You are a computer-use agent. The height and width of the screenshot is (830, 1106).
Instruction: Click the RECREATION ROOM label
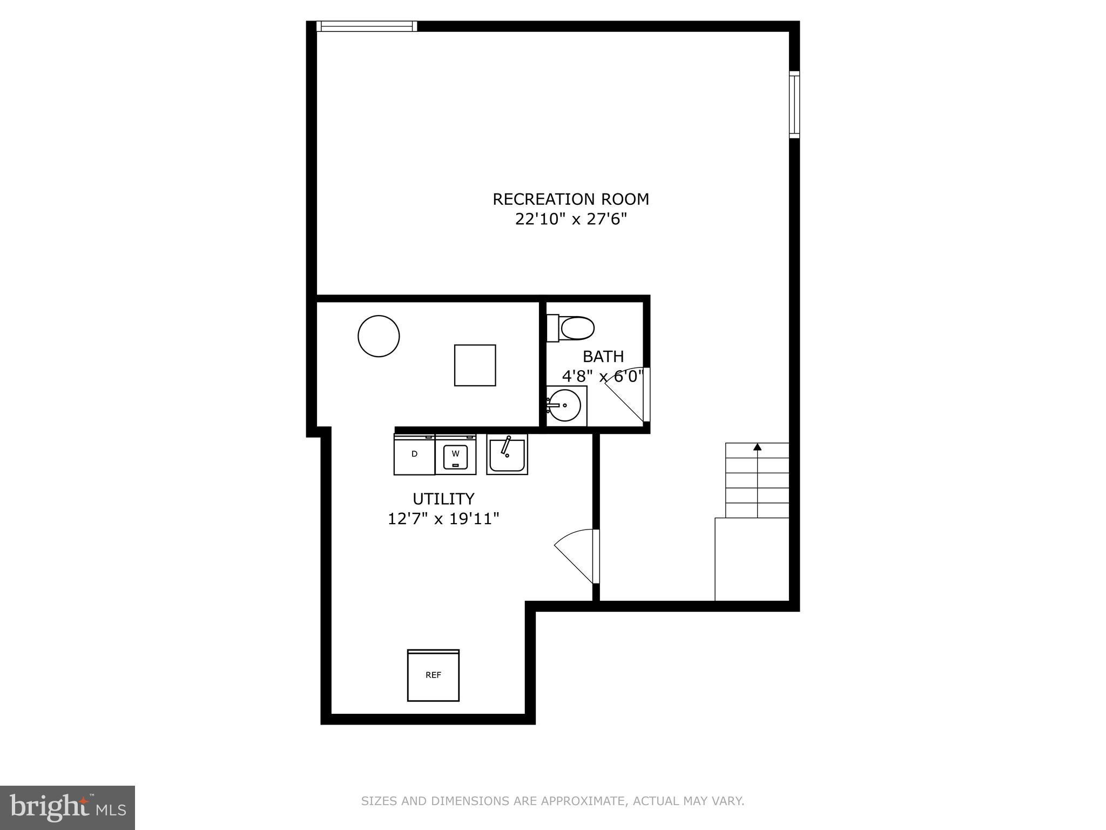click(x=570, y=199)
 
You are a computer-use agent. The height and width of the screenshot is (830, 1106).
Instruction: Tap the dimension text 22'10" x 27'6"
click(x=570, y=220)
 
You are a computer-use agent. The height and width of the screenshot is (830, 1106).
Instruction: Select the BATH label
click(x=603, y=357)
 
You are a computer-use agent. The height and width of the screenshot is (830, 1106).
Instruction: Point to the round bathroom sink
click(x=564, y=405)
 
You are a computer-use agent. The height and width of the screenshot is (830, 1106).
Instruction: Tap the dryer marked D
click(x=414, y=454)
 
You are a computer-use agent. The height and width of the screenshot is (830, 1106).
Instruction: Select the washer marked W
click(x=455, y=454)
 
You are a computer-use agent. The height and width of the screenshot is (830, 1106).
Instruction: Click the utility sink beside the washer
click(x=507, y=454)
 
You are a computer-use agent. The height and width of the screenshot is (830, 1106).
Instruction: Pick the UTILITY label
click(x=443, y=499)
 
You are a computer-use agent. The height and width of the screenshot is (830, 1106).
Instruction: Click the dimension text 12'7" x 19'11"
click(x=443, y=519)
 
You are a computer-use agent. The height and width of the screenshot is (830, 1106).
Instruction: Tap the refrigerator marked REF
click(x=433, y=675)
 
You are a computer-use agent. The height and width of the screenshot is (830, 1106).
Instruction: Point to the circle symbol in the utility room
click(x=379, y=336)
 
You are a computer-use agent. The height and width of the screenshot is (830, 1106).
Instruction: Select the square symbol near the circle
click(x=475, y=365)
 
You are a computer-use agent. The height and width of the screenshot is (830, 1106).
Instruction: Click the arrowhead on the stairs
click(x=757, y=447)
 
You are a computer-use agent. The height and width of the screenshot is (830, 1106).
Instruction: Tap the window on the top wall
click(x=367, y=26)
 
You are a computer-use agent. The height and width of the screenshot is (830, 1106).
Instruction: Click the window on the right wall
click(x=794, y=104)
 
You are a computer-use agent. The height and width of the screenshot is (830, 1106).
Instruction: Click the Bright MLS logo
click(x=67, y=807)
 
